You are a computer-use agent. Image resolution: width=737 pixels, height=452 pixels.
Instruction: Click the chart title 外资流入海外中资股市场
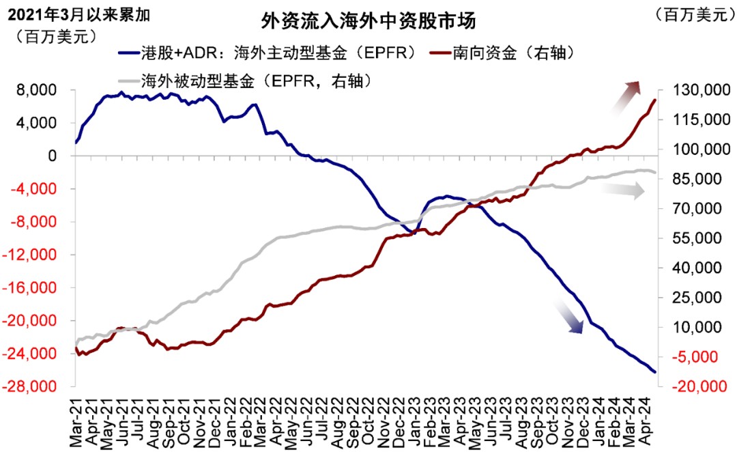[368, 21]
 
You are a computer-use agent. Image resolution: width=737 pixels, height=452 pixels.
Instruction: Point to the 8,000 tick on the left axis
[46, 90]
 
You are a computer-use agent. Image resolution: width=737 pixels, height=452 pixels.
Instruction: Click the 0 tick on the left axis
[61, 156]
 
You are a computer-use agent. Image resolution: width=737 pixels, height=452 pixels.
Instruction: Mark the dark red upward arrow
[626, 95]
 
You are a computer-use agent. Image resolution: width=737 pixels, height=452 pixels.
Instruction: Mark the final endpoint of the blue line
[655, 372]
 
